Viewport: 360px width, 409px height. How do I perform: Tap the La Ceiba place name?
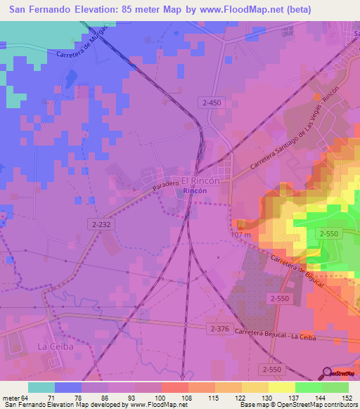pyautogui.click(x=51, y=347)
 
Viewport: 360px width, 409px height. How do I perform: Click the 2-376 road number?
pyautogui.click(x=220, y=328)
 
